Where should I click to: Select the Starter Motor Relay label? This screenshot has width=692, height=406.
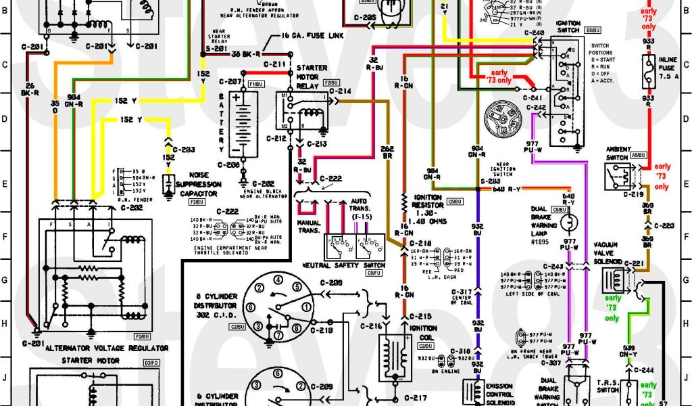click(312, 76)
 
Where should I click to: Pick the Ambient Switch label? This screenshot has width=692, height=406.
click(618, 153)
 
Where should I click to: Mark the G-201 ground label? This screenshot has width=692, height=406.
click(32, 343)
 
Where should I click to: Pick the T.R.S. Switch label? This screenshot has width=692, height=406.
click(609, 387)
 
